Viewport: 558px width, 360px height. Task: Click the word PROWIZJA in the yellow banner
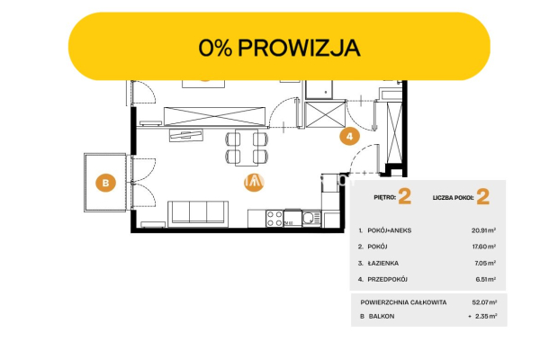pyautogui.click(x=301, y=48)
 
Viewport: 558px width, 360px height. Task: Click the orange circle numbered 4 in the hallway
pyautogui.click(x=349, y=137)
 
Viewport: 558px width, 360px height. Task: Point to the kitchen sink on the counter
pyautogui.click(x=310, y=216)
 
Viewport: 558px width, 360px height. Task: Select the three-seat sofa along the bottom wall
pyautogui.click(x=197, y=212)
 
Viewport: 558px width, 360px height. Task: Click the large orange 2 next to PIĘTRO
pyautogui.click(x=404, y=196)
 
